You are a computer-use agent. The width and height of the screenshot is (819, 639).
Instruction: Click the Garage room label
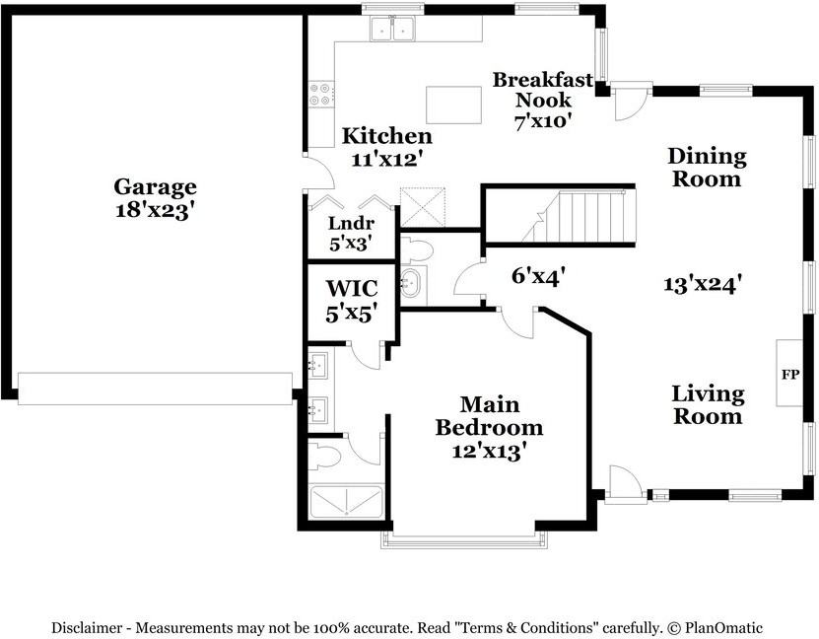155,187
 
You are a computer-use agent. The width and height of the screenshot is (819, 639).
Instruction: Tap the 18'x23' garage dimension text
155,210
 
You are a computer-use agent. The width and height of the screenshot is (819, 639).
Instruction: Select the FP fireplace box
789,373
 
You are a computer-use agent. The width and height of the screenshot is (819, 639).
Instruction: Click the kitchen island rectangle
454,105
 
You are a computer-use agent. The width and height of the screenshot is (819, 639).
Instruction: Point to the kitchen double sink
392,29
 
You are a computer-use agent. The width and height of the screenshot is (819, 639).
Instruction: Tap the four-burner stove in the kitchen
321,94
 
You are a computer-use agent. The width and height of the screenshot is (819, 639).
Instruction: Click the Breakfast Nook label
543,90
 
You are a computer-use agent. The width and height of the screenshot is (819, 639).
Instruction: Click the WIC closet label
352,288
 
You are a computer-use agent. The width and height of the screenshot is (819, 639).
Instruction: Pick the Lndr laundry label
351,224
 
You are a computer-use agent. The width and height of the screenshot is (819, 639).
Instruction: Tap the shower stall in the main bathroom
346,503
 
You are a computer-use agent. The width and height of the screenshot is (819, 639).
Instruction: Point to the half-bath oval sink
413,283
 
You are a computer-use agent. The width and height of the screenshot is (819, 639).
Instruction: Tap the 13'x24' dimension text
703,285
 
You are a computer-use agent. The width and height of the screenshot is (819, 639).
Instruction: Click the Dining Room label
707,168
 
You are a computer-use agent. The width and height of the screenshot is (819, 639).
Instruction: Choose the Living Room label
708,405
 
